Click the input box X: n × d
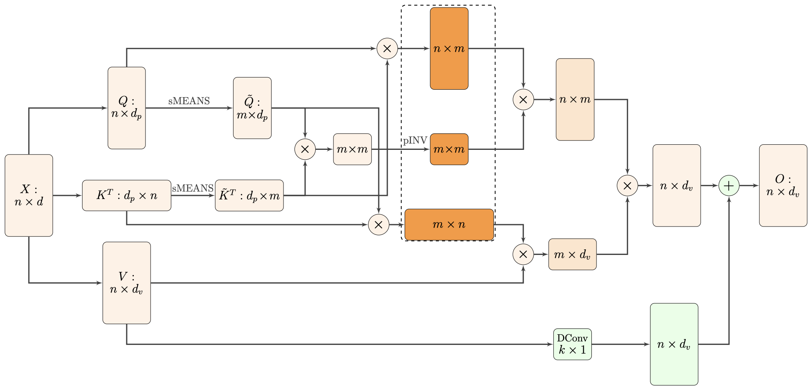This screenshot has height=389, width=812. pyautogui.click(x=29, y=195)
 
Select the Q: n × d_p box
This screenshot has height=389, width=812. pyautogui.click(x=127, y=108)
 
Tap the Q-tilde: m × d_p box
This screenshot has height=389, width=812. pyautogui.click(x=252, y=108)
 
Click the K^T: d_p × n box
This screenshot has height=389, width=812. pyautogui.click(x=127, y=195)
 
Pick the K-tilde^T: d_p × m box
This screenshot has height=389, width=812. pyautogui.click(x=249, y=195)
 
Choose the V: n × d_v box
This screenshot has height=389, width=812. pyautogui.click(x=127, y=283)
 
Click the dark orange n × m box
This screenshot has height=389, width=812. pyautogui.click(x=449, y=49)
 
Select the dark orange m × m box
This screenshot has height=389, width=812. pyautogui.click(x=449, y=149)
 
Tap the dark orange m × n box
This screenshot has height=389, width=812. pyautogui.click(x=449, y=225)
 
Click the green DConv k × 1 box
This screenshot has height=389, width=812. pyautogui.click(x=572, y=345)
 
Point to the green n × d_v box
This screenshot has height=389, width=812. pyautogui.click(x=674, y=345)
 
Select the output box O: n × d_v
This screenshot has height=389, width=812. pyautogui.click(x=783, y=186)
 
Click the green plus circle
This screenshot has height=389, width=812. pyautogui.click(x=729, y=186)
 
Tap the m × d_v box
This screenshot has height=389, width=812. pyautogui.click(x=572, y=254)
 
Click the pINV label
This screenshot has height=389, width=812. pyautogui.click(x=415, y=141)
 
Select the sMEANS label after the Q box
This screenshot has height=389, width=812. pyautogui.click(x=189, y=101)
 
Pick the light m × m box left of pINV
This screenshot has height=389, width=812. pyautogui.click(x=352, y=149)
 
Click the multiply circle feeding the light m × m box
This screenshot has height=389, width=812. pyautogui.click(x=305, y=149)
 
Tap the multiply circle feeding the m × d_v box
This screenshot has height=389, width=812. pyautogui.click(x=523, y=254)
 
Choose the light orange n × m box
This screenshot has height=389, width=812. pyautogui.click(x=575, y=100)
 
